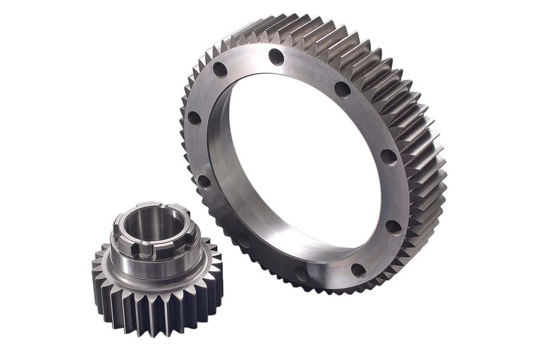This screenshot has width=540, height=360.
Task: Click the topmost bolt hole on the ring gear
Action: [277, 57]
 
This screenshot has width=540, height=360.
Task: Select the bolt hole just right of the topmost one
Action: [342, 89]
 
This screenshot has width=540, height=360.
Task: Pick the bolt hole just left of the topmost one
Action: [220, 70]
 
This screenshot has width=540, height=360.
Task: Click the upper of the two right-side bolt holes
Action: [388, 157]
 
